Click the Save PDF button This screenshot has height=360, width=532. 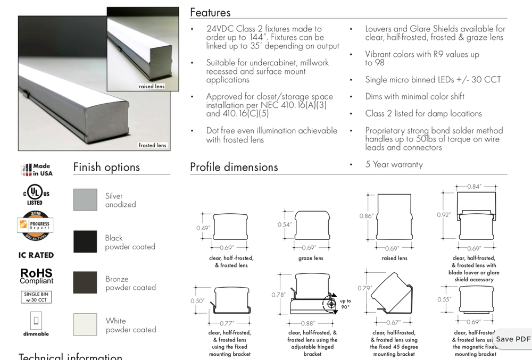(x=513, y=339)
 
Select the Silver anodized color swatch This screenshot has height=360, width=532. (x=85, y=199)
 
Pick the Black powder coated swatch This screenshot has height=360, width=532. (x=85, y=241)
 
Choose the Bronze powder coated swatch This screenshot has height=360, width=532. (x=85, y=282)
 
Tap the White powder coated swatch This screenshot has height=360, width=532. (x=85, y=324)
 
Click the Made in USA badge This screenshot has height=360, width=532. (x=36, y=170)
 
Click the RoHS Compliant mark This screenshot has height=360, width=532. (x=36, y=276)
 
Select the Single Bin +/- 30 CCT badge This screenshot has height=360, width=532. (x=36, y=297)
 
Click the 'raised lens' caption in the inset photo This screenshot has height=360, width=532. (x=152, y=86)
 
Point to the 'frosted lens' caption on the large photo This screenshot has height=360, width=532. (x=152, y=145)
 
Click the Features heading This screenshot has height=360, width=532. (x=210, y=12)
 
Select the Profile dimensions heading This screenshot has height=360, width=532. (x=234, y=167)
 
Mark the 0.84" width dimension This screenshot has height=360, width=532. (x=474, y=187)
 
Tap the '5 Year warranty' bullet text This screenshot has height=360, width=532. (x=394, y=164)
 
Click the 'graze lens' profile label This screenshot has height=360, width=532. (x=311, y=258)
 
